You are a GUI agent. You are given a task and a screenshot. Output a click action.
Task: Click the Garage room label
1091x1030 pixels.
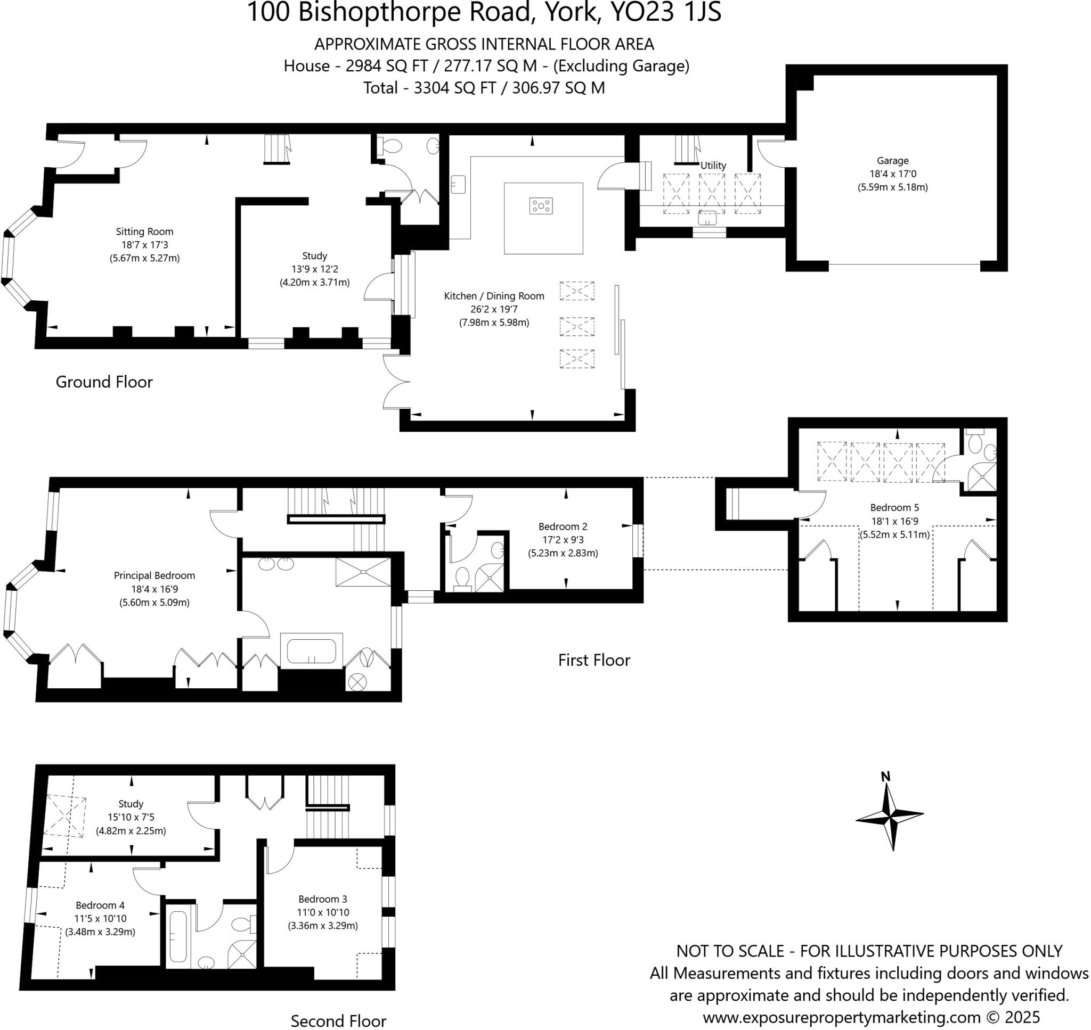pos(892,161)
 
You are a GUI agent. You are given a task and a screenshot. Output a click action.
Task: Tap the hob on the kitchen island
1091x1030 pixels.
pos(541,206)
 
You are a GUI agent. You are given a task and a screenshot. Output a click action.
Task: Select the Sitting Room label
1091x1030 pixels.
pos(144,232)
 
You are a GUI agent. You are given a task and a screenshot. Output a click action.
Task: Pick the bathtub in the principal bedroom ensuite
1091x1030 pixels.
pos(311,651)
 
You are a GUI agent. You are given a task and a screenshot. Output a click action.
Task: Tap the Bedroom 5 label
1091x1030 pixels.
pos(894,508)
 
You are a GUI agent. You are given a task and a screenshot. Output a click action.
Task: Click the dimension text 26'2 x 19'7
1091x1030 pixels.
pos(494,309)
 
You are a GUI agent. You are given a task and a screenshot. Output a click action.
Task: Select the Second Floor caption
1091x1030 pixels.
pos(338,1020)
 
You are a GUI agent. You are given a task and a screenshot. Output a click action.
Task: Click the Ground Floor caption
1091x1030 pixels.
pos(104,382)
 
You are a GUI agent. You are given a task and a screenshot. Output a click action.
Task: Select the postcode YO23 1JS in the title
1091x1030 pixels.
pos(666,12)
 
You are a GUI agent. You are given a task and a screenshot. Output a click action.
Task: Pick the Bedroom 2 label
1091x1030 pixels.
pos(563,526)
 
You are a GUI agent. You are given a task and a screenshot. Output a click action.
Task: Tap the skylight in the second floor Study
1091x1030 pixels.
pos(65,817)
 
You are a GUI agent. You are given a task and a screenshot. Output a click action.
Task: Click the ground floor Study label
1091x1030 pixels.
pos(314,256)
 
